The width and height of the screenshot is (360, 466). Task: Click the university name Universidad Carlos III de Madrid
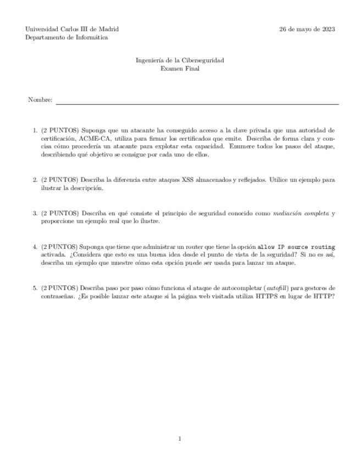[x=72, y=29]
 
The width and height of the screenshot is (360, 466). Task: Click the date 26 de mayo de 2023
[x=307, y=29]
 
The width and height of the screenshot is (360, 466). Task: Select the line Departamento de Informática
[x=67, y=37]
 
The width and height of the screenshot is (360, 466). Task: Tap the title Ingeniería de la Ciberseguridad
[x=180, y=60]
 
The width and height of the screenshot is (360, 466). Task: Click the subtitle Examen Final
[x=180, y=69]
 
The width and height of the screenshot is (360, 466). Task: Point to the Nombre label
[x=40, y=100]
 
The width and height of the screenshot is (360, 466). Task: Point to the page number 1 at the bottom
[x=180, y=439]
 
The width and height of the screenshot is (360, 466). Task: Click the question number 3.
[x=35, y=213]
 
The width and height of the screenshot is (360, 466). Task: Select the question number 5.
[x=35, y=288]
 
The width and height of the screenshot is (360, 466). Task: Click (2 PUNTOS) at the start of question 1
[x=60, y=131]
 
